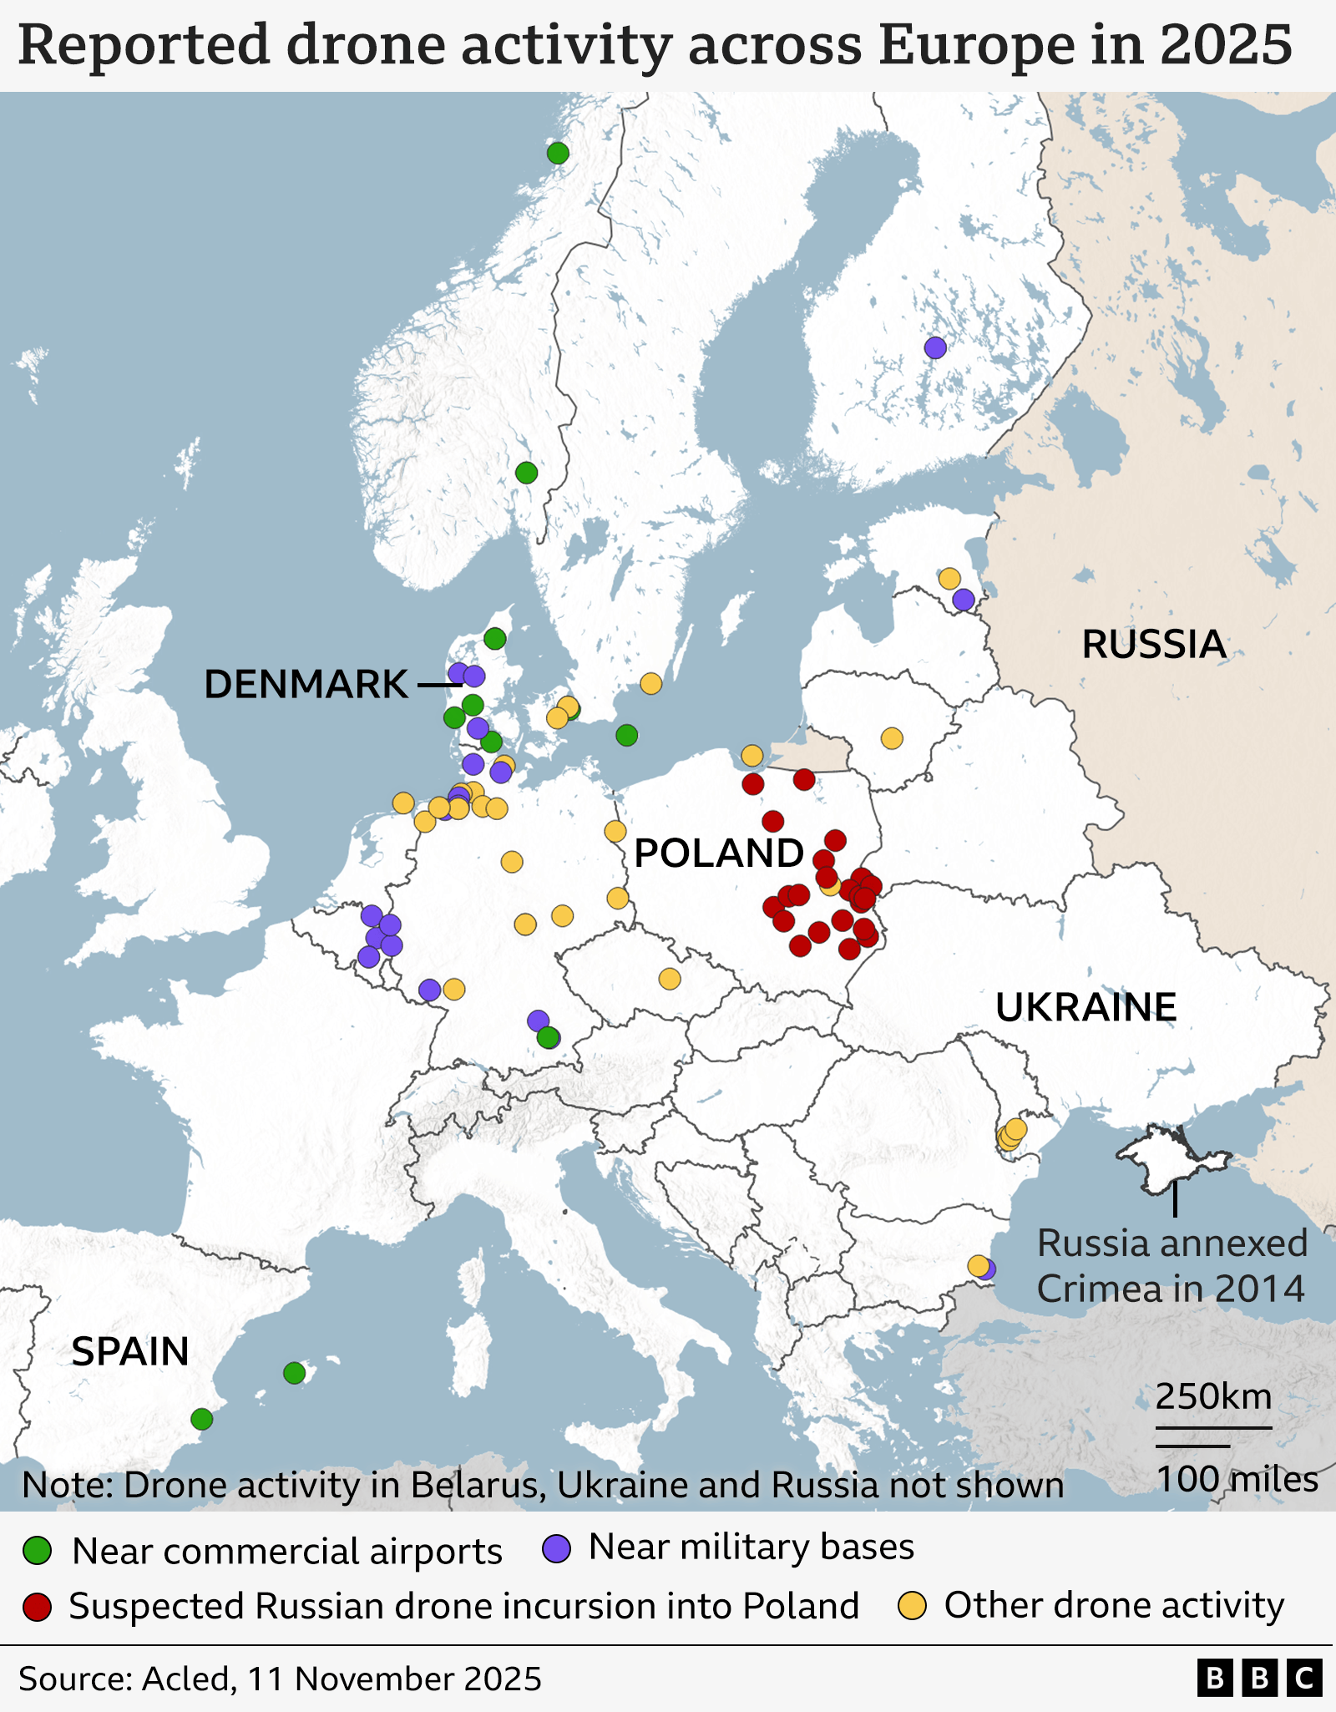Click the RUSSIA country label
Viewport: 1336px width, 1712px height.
(x=1153, y=645)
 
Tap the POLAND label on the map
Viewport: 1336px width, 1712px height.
(x=719, y=853)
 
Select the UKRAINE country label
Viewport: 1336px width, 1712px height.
(x=1085, y=1007)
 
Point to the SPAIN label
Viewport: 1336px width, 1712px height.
(x=130, y=1352)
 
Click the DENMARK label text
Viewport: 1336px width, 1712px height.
(x=306, y=685)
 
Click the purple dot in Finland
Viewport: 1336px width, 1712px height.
(x=935, y=347)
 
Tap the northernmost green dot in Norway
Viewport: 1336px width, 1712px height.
(x=558, y=153)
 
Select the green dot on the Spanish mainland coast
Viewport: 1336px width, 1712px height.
(x=201, y=1419)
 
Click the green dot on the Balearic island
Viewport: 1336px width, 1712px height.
(x=294, y=1373)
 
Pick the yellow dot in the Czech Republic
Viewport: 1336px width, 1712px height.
(x=670, y=979)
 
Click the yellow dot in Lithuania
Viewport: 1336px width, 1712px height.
(x=892, y=738)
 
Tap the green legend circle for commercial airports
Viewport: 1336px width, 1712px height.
(x=38, y=1551)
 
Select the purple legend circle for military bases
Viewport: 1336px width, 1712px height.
(x=556, y=1548)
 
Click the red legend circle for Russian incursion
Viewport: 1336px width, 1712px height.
(x=38, y=1606)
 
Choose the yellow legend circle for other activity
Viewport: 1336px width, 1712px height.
(x=912, y=1605)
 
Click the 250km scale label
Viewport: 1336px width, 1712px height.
(x=1213, y=1396)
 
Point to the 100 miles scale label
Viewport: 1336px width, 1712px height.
(x=1237, y=1479)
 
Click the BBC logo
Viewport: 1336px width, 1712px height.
(x=1259, y=1678)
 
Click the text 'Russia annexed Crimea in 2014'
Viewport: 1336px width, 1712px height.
(x=1171, y=1266)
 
